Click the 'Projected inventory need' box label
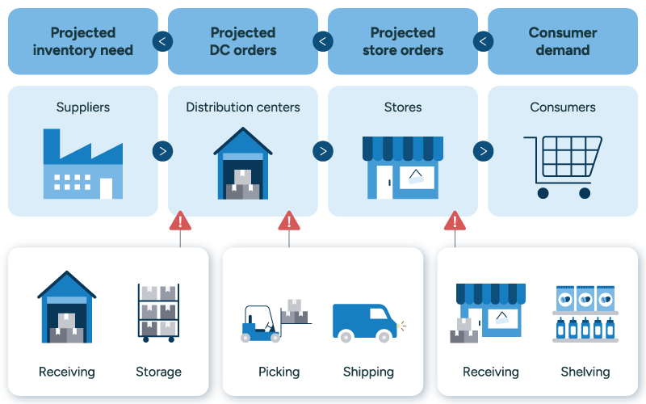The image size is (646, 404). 82,41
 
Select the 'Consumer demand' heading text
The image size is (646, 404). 563,41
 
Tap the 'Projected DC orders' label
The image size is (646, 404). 243,41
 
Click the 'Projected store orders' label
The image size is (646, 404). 403,41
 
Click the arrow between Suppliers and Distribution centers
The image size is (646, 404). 163,151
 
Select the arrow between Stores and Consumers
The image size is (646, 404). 483,151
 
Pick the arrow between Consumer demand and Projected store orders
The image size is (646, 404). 483,41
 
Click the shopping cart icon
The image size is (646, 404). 563,166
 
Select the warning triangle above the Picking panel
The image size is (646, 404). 288,221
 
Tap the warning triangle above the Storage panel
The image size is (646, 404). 180,221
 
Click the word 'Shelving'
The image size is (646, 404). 585,372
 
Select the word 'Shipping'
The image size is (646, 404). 368,372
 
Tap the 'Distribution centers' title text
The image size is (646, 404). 243,107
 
